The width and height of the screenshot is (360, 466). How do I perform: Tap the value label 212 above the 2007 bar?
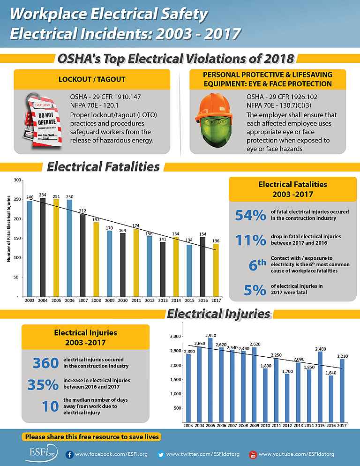click(x=83, y=210)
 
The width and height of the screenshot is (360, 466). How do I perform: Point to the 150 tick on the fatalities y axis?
click(x=17, y=238)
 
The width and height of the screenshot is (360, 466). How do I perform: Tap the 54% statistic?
click(x=250, y=215)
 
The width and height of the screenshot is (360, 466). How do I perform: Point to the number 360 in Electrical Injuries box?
click(x=45, y=363)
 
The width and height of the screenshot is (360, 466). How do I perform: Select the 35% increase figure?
click(x=43, y=384)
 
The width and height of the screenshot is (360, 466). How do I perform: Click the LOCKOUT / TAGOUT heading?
click(x=91, y=79)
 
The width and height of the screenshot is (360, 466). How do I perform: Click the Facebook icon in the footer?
click(x=69, y=454)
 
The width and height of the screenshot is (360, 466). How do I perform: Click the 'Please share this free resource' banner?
click(x=92, y=436)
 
